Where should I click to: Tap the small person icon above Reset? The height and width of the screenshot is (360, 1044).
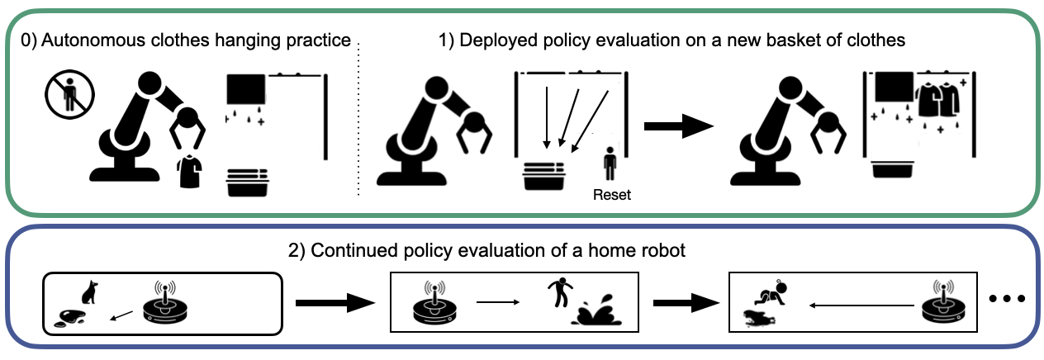(x=610, y=164)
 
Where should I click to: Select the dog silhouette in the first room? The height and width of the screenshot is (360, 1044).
(x=89, y=291)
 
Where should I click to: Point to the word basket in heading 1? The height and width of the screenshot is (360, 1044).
(x=743, y=40)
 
